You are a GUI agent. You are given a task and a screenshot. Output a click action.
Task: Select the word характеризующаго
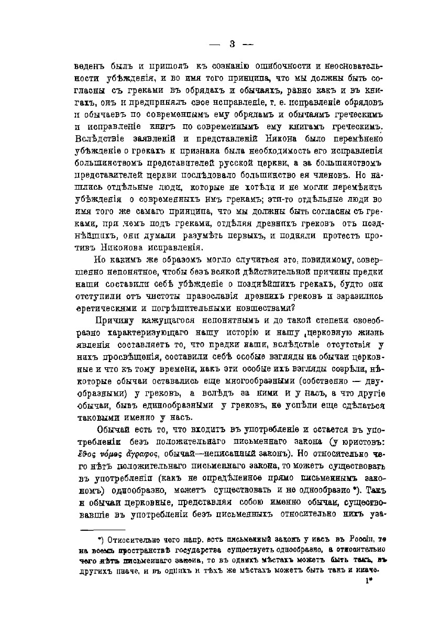(x=152, y=334)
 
